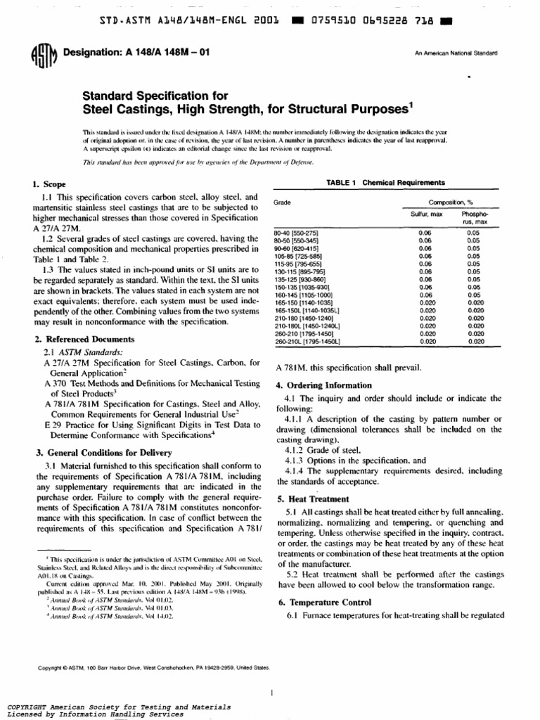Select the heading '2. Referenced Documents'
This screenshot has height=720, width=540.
[75, 340]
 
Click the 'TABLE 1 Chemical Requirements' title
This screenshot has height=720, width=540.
[385, 183]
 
